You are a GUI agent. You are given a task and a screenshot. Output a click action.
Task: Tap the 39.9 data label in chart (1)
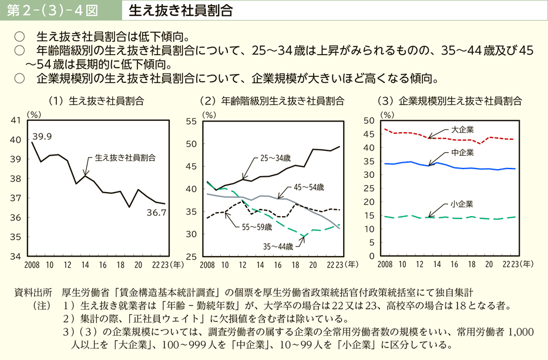[42, 136]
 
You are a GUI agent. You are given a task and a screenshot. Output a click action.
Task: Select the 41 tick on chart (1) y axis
[16, 120]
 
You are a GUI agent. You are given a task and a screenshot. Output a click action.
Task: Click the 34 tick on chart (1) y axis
[16, 256]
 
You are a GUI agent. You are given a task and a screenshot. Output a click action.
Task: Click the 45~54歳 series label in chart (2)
[308, 188]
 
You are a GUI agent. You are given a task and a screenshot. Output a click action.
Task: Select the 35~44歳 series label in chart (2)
[277, 246]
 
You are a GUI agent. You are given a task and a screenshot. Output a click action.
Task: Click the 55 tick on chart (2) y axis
[194, 121]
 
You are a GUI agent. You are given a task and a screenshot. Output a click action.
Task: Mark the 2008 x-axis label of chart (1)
[32, 265]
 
